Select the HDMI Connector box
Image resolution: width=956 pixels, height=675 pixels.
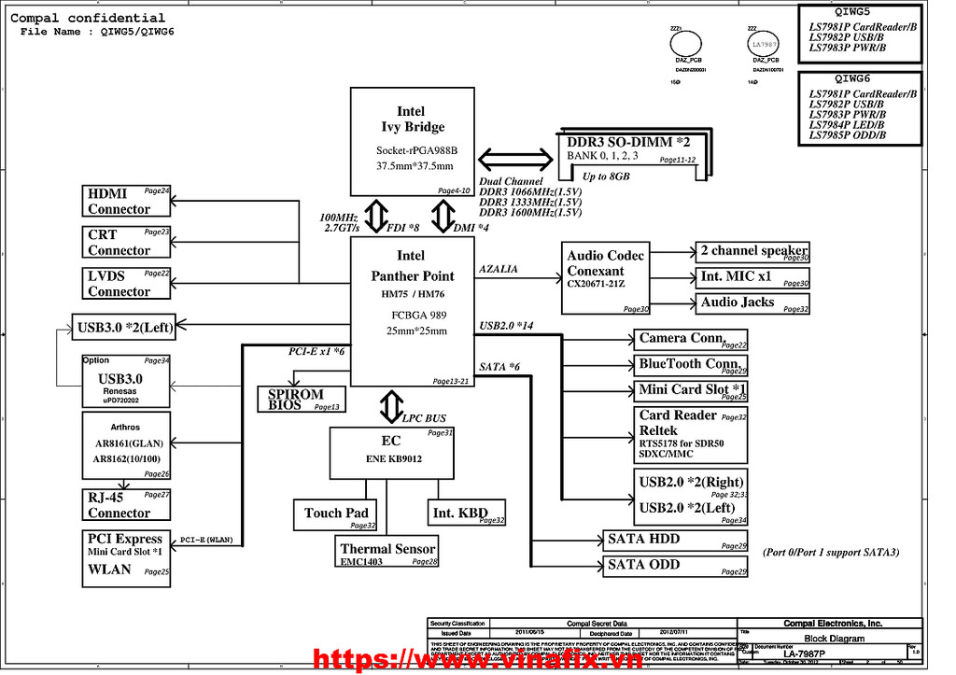(126, 201)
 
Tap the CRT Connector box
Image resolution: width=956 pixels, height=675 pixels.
(126, 242)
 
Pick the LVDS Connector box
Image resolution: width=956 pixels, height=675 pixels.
(126, 283)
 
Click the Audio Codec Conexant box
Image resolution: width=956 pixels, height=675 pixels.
(607, 278)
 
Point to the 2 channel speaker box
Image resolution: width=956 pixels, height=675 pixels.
(752, 251)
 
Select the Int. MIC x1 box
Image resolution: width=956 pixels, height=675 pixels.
(752, 277)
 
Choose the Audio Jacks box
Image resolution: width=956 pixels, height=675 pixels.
(752, 302)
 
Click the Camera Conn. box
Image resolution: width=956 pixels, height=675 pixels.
(691, 339)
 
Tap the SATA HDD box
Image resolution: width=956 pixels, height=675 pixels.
(673, 541)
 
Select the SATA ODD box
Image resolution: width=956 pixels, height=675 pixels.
(673, 566)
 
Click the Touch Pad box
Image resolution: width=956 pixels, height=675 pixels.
(336, 514)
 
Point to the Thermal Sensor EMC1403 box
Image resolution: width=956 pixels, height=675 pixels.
(387, 553)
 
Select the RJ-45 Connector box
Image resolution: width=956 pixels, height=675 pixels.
(126, 505)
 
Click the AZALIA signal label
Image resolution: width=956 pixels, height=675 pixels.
(499, 269)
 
